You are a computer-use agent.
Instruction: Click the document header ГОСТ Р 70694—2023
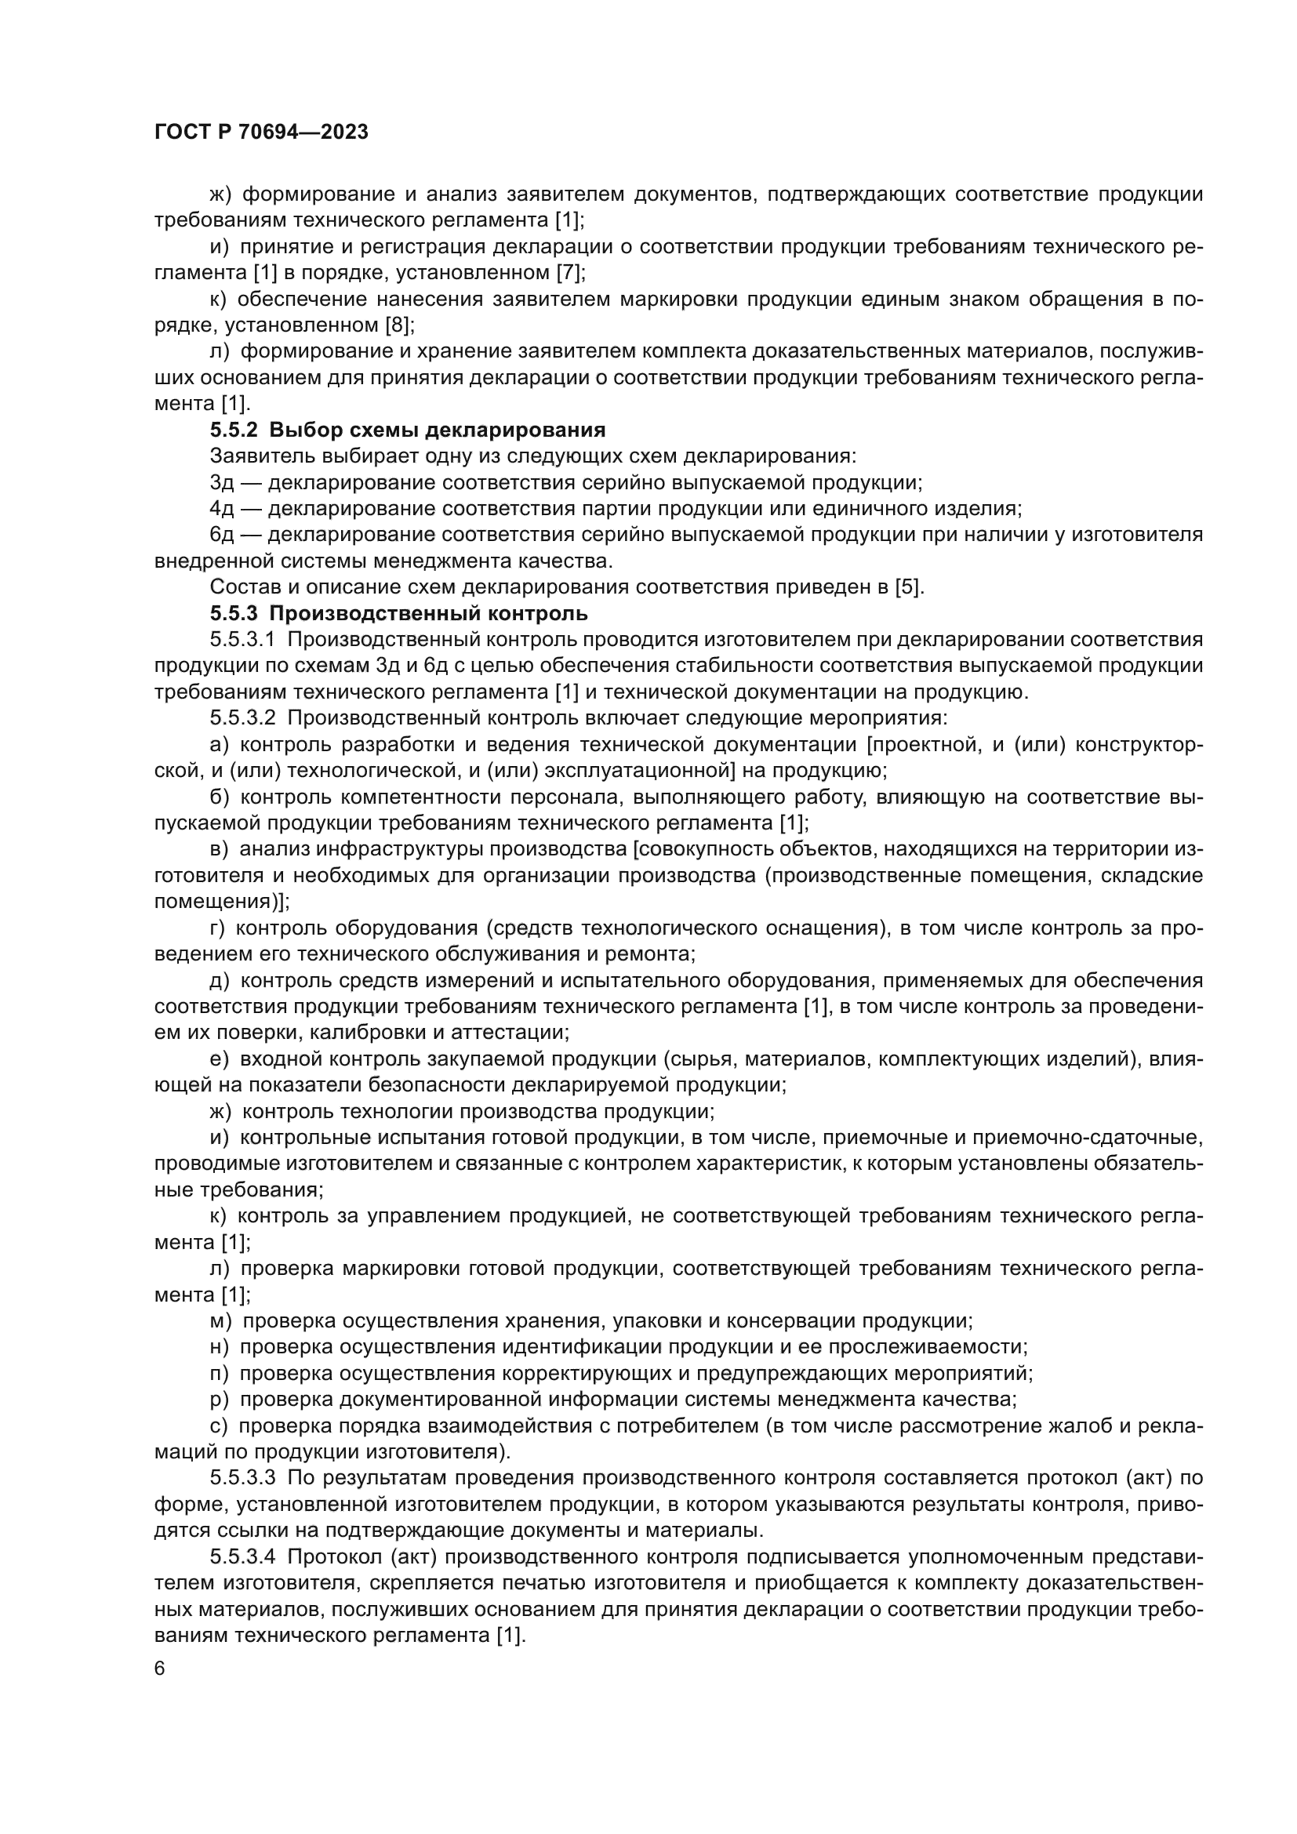click(x=261, y=133)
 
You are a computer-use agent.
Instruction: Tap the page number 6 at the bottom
click(x=160, y=1669)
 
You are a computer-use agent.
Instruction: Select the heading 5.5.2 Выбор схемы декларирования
click(x=407, y=430)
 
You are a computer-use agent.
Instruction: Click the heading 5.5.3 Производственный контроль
click(x=398, y=613)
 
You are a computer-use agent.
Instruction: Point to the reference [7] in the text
click(x=570, y=273)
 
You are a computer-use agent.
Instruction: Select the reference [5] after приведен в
click(x=908, y=587)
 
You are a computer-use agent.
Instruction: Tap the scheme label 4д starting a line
click(x=221, y=509)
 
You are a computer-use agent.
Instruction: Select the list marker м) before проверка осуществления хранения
click(x=220, y=1321)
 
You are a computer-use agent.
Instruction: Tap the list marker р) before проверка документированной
click(x=219, y=1400)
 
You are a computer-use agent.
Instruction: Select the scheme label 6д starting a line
click(x=221, y=536)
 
